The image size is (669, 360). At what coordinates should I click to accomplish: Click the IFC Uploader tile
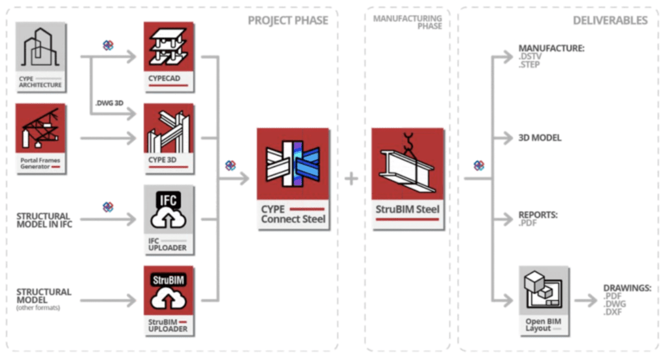[169, 220]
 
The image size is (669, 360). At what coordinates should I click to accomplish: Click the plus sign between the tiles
[351, 178]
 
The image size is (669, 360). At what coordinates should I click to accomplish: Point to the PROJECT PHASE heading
[287, 20]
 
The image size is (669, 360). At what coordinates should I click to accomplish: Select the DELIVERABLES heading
[610, 20]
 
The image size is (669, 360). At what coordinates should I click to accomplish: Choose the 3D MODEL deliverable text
[540, 139]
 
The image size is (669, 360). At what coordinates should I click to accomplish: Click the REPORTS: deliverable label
[538, 214]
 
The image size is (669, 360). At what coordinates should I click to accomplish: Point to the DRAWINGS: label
[628, 288]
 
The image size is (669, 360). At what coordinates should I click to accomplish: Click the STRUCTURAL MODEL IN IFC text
[43, 221]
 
